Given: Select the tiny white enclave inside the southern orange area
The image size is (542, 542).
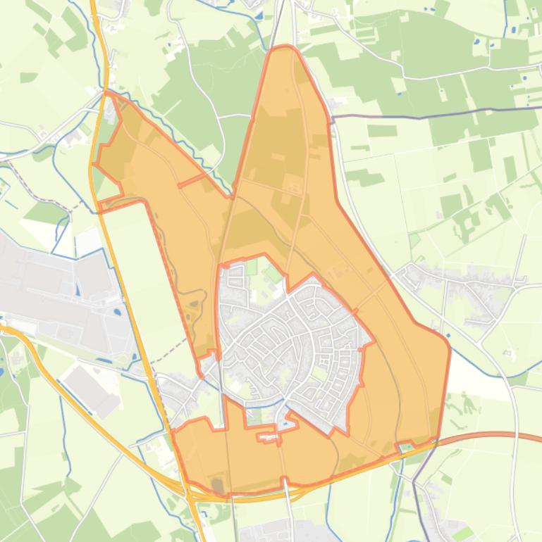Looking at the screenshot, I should tap(266, 437).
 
